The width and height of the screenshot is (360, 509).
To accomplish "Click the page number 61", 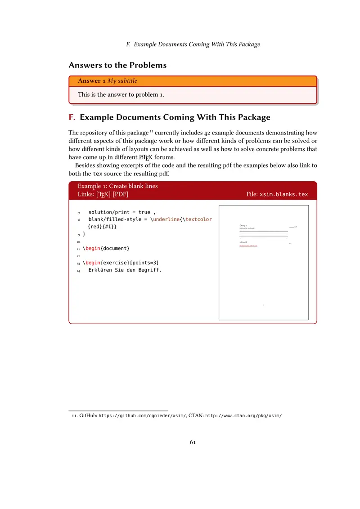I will point(193,442).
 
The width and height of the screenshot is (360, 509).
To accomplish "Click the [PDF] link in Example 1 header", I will point(120,194).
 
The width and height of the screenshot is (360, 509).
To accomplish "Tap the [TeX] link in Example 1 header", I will point(103,194).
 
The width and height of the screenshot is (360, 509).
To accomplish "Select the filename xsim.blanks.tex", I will point(284,194).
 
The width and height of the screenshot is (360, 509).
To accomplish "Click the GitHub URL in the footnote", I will point(142,416).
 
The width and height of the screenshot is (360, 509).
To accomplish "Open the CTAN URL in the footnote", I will point(243,416).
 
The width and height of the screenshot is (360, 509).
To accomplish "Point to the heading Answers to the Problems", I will point(117,65).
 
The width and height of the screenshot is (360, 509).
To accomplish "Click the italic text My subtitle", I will point(122,81).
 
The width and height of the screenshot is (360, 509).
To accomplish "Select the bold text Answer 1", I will point(92,81).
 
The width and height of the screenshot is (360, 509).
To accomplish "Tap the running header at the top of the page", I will point(193,45).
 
